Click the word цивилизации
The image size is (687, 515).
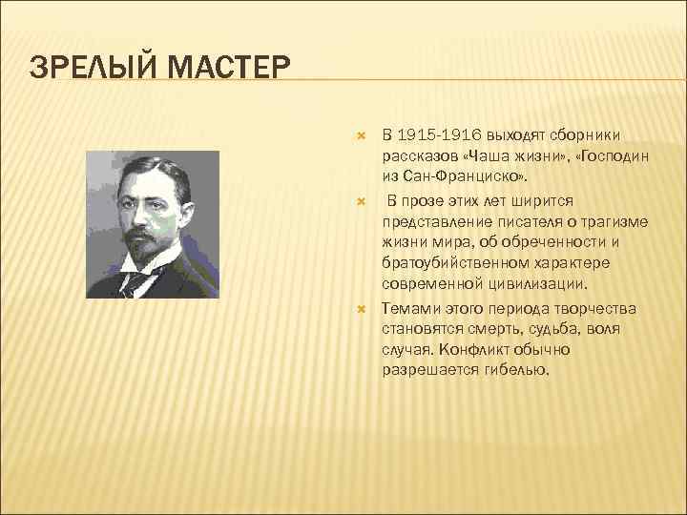(547, 283)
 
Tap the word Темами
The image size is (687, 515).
(409, 309)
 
